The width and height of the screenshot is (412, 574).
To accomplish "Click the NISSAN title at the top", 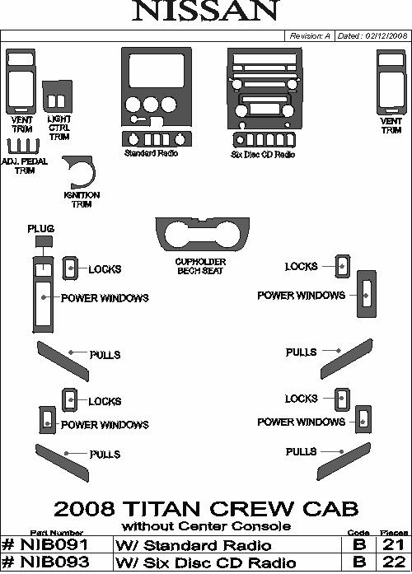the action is coord(206,10).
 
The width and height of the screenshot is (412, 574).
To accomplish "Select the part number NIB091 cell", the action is coord(57,545).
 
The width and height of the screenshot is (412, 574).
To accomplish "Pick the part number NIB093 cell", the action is coord(57,562).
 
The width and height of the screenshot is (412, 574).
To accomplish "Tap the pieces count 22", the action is coord(394,562).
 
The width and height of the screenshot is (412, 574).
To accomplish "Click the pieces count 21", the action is coord(394,545).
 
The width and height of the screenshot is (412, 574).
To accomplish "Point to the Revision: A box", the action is coord(310,36).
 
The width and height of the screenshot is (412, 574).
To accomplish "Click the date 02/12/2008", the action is coord(386,36).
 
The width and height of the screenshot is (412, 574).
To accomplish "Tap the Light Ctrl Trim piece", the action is coord(57,96).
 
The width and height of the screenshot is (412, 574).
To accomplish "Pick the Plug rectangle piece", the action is coord(44,241).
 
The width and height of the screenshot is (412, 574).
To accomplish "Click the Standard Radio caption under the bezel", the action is coord(151,153).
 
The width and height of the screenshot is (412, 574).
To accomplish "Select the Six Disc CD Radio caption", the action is coord(263,155).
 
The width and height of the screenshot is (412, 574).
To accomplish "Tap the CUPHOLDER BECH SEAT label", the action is coord(200,266).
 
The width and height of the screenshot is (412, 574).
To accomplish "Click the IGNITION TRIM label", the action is coord(82,199).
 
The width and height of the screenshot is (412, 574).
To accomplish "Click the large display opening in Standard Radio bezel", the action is coord(157,71).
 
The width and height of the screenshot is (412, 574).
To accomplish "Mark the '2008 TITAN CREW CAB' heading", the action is coord(206,509).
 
